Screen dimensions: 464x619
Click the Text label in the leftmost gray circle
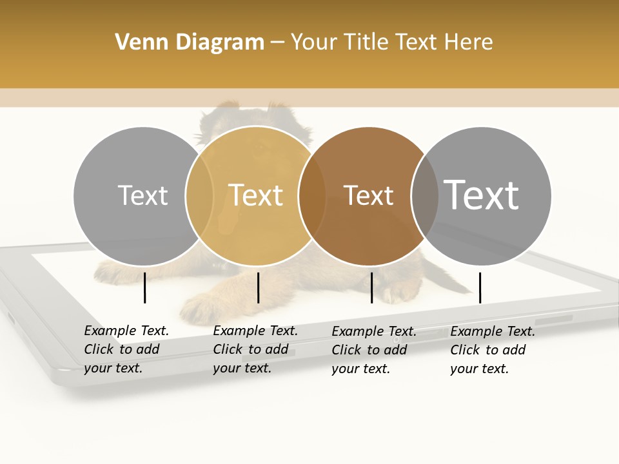[142, 195]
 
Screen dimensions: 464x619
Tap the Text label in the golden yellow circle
[256, 195]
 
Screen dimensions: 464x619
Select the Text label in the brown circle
[368, 195]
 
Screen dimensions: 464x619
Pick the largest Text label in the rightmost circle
[482, 195]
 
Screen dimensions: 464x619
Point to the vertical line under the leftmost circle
[145, 287]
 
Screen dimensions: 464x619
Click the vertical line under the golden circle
[258, 287]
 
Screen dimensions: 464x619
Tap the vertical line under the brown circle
[371, 287]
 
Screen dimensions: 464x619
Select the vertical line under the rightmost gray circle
[480, 287]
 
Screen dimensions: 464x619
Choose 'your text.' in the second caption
[242, 368]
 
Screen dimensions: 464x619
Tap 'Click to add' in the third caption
[369, 349]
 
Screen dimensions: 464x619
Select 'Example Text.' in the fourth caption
[493, 331]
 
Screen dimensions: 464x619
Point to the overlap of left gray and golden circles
[199, 196]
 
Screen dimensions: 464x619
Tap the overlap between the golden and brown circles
[312, 196]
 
